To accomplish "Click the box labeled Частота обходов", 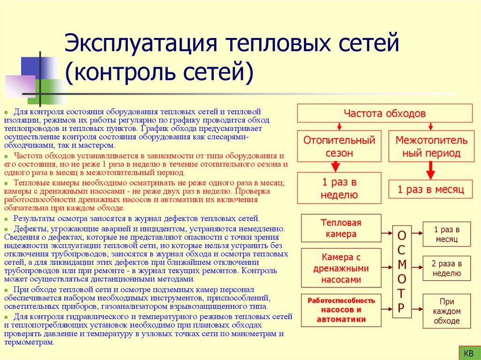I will (385, 114).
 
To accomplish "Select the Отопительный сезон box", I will (339, 146).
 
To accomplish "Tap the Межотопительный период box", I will (431, 146).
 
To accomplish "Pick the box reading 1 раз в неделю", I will (339, 189).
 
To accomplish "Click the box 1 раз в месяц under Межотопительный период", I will (431, 190).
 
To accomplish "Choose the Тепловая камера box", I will (341, 228).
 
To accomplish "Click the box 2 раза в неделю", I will (446, 268).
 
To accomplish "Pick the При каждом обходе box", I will (446, 311).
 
